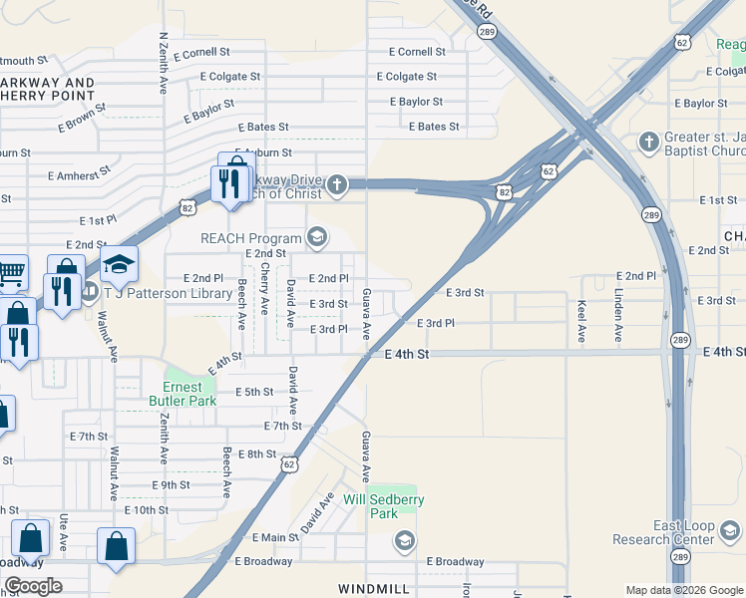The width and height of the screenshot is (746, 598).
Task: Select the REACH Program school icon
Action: (x=317, y=237)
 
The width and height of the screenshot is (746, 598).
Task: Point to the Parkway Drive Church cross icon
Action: (x=338, y=183)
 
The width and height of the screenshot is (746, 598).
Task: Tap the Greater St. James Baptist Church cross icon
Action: (x=649, y=140)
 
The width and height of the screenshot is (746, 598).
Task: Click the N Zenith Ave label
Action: (x=164, y=63)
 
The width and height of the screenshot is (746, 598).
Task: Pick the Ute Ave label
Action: (x=63, y=534)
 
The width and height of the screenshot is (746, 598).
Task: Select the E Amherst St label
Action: (x=83, y=174)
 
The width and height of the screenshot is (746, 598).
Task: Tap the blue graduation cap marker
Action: (x=119, y=265)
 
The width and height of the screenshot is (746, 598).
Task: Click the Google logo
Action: (x=32, y=586)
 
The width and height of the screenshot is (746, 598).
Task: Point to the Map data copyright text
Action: (x=683, y=590)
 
